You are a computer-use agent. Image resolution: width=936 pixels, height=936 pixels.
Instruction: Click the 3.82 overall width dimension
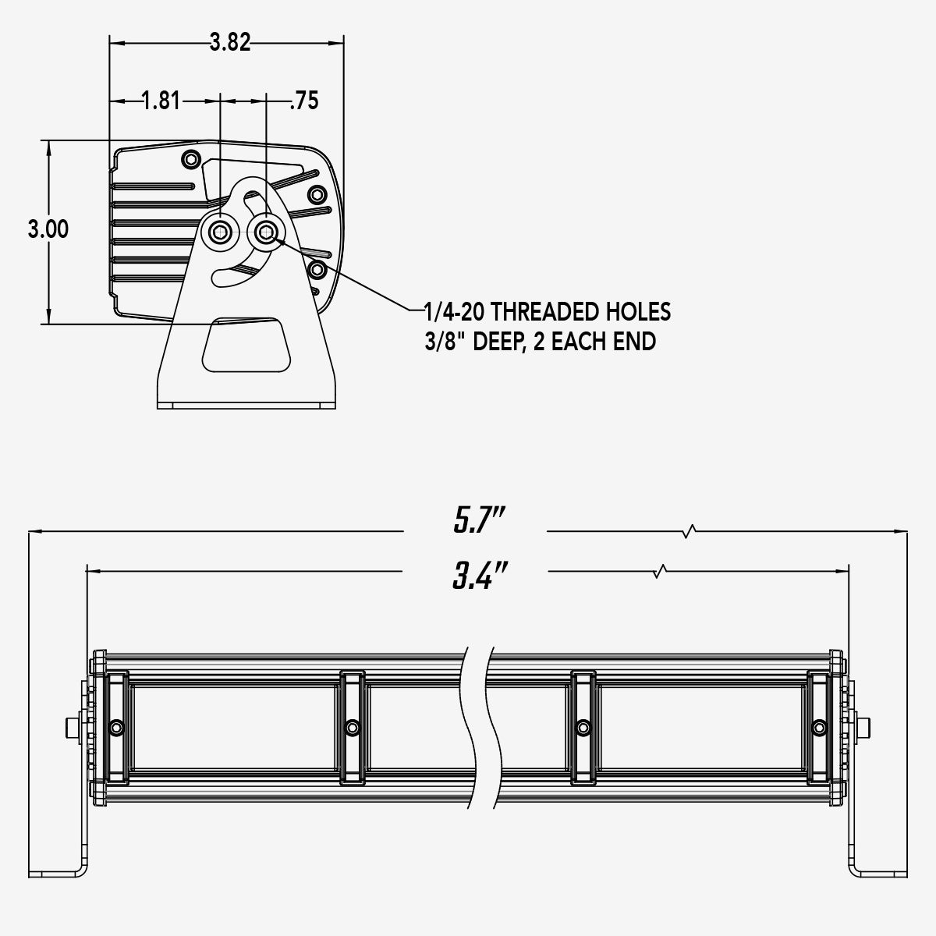pyautogui.click(x=230, y=42)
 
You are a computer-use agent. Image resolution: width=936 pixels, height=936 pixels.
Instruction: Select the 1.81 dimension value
pyautogui.click(x=161, y=101)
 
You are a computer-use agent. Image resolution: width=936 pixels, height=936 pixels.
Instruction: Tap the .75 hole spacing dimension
pyautogui.click(x=303, y=101)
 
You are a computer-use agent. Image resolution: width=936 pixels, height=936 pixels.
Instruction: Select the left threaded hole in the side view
pyautogui.click(x=221, y=230)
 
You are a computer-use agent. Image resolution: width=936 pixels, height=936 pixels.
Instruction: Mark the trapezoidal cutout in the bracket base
pyautogui.click(x=246, y=344)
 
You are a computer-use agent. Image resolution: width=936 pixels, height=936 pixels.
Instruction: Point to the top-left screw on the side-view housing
pyautogui.click(x=190, y=160)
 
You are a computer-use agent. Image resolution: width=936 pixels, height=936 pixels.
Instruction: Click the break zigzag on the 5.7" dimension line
pyautogui.click(x=689, y=532)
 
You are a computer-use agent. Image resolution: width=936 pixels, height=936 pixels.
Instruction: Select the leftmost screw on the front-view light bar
pyautogui.click(x=117, y=727)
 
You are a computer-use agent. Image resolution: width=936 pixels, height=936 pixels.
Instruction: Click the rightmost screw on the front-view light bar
pyautogui.click(x=818, y=727)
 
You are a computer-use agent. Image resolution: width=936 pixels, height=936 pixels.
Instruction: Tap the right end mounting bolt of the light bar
pyautogui.click(x=865, y=727)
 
